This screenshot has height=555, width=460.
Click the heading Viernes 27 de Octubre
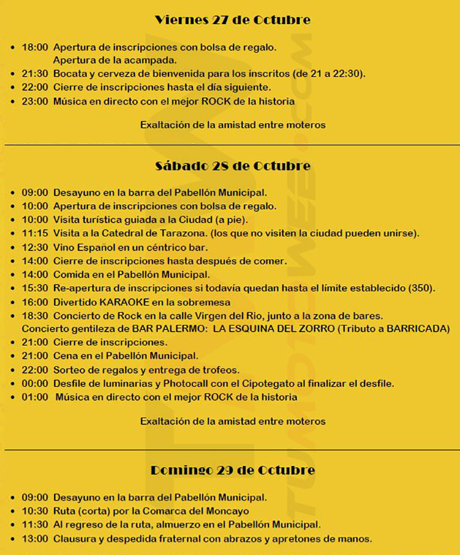233,20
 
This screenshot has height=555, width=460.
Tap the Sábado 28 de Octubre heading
233,166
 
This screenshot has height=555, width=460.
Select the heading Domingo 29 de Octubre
233,470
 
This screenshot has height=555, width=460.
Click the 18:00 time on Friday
34,47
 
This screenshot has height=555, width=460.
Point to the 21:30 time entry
34,74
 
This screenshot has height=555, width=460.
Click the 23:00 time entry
34,101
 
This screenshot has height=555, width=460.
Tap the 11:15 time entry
34,233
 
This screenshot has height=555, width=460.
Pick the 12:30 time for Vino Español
34,247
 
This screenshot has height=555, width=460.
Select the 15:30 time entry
34,288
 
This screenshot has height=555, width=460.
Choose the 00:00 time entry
34,384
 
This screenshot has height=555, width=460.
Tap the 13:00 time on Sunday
34,539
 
